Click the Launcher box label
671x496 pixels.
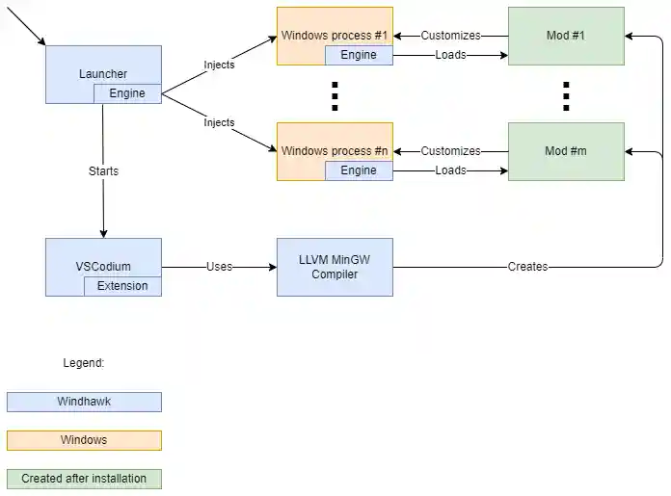[103, 73]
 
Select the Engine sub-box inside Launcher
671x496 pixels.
[127, 93]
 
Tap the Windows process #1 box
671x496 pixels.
[334, 36]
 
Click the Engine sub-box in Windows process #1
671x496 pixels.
[359, 55]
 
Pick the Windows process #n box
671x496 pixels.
[334, 151]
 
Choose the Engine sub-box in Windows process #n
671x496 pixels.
[359, 170]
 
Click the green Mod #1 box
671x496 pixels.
[566, 36]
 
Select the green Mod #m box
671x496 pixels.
[566, 151]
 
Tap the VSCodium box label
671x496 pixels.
[103, 266]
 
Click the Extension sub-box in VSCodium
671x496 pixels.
[122, 286]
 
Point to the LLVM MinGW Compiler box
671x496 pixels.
[335, 267]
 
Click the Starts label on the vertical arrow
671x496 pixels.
[103, 170]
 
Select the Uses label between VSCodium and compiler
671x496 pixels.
[219, 267]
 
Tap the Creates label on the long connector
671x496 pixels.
[527, 267]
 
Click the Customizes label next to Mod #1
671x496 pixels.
[450, 36]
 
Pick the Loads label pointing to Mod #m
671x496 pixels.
[450, 170]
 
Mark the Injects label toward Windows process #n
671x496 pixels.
[219, 122]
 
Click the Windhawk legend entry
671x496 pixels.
[84, 402]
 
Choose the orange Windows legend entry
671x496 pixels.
[84, 440]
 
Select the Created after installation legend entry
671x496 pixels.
[84, 479]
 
